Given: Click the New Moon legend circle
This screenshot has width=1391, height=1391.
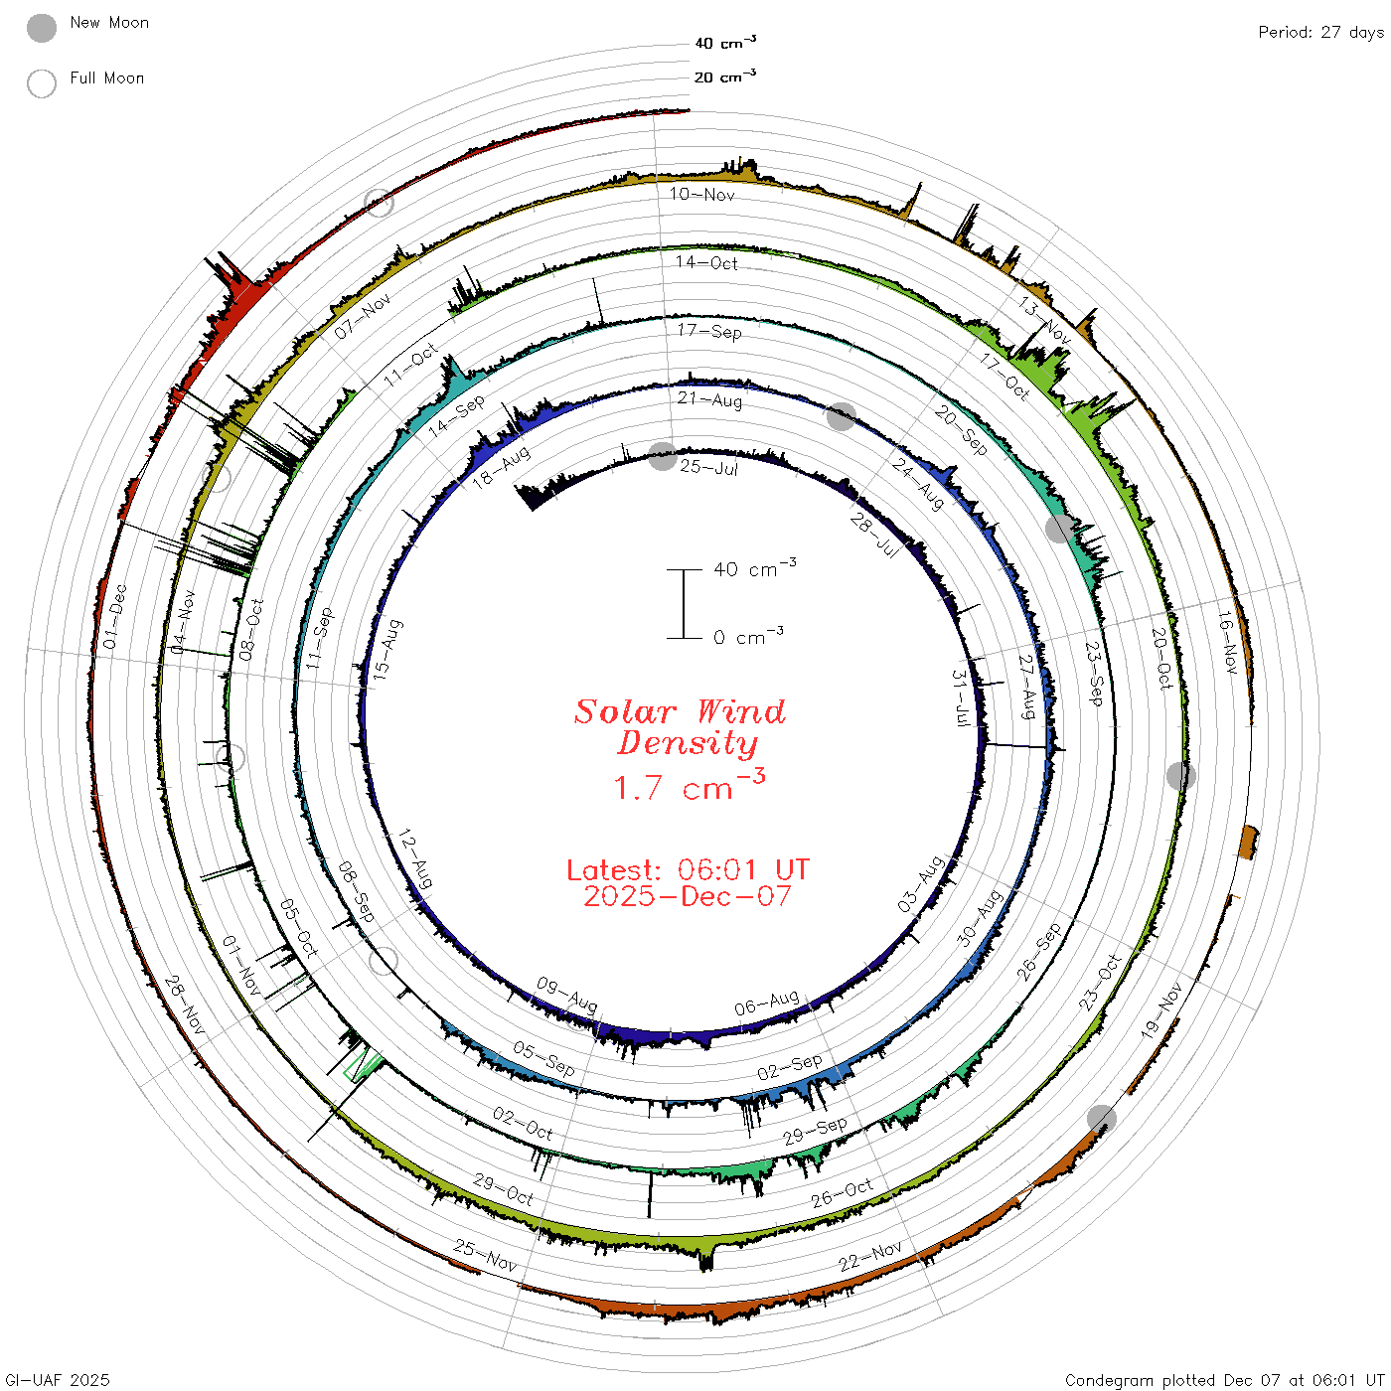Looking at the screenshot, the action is (x=41, y=28).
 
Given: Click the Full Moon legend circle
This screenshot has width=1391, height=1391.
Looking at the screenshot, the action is (x=41, y=83).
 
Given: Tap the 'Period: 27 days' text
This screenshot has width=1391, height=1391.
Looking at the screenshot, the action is (x=1320, y=33).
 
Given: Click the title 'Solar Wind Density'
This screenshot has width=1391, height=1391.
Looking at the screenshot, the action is (x=680, y=727).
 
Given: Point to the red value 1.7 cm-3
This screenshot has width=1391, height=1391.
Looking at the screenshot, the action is (x=689, y=785).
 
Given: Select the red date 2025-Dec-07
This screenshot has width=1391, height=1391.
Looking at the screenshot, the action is (x=688, y=896).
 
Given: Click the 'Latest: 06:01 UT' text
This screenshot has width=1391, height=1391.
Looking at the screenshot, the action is (x=688, y=869).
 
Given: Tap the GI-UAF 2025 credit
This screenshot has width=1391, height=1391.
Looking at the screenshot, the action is (x=57, y=1379).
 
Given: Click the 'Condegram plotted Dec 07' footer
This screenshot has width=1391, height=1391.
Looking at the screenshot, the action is (x=1225, y=1379).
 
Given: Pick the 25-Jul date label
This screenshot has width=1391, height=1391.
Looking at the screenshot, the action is (x=708, y=467).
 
